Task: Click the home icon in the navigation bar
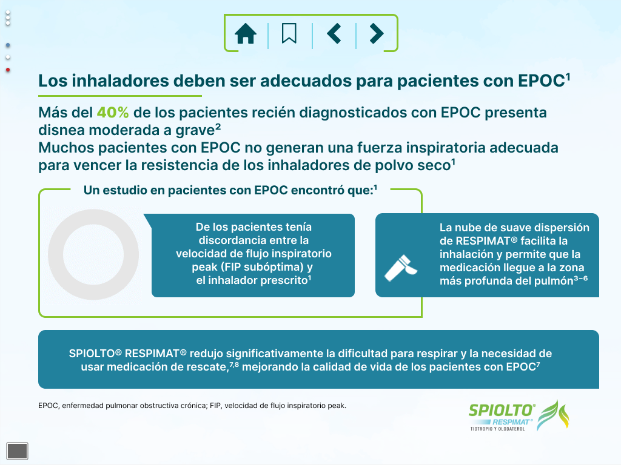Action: (x=246, y=33)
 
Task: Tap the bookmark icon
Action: (x=289, y=33)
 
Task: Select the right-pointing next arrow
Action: (x=376, y=33)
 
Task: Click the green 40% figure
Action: (x=113, y=113)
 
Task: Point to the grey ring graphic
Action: (x=55, y=255)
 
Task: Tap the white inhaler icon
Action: (x=400, y=268)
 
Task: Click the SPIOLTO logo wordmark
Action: (x=502, y=411)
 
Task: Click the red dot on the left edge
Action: (x=7, y=70)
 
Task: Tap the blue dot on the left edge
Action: (x=7, y=45)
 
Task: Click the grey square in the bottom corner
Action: (x=18, y=450)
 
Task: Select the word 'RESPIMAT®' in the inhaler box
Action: (x=487, y=241)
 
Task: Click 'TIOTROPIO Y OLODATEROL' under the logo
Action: (x=497, y=429)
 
